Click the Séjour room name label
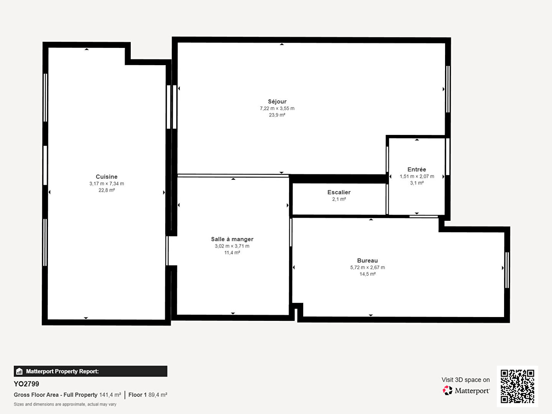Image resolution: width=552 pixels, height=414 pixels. tap(277, 102)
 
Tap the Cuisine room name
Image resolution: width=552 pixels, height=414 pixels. tap(107, 177)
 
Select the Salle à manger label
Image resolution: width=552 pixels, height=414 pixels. tap(232, 239)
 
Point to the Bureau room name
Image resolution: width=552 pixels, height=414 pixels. tap(367, 260)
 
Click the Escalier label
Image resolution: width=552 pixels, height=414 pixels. tap(339, 192)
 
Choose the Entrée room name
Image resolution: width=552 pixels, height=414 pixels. tap(417, 169)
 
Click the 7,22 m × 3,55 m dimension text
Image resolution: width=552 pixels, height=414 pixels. tap(277, 108)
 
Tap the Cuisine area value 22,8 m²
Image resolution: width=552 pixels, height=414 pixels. tap(107, 190)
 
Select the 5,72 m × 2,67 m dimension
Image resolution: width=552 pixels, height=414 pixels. tap(367, 268)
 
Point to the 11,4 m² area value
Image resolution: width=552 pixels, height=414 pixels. tap(232, 253)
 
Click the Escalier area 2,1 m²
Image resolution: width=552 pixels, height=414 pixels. tap(339, 199)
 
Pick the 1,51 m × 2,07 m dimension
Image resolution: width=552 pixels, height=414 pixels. tap(417, 176)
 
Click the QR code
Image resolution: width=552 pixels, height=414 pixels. tap(517, 386)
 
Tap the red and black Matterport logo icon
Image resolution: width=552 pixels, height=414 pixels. tap(447, 390)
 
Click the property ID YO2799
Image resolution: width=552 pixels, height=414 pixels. tap(26, 384)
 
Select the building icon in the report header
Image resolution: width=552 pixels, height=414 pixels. tap(20, 371)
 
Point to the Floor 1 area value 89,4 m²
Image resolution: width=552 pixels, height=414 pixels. tap(158, 395)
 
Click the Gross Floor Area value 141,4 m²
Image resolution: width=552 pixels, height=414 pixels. tap(110, 395)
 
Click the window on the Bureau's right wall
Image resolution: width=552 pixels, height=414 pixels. tap(507, 270)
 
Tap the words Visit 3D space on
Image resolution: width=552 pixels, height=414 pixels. tap(465, 380)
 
